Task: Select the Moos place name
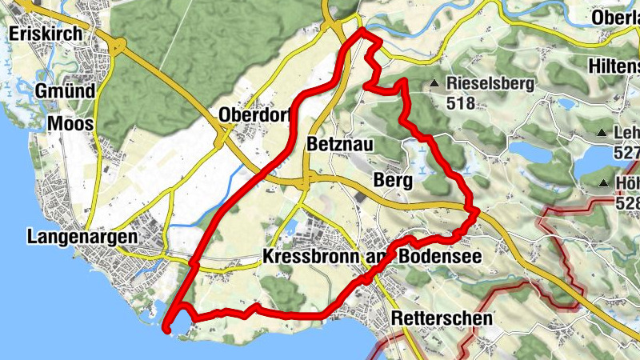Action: click(70, 124)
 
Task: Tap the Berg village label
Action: click(393, 181)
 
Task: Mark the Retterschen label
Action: click(442, 318)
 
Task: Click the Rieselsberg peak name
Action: click(490, 83)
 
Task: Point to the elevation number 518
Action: click(462, 102)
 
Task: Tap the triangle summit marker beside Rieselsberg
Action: click(434, 83)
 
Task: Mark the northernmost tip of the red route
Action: click(362, 30)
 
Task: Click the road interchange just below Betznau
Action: click(306, 182)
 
